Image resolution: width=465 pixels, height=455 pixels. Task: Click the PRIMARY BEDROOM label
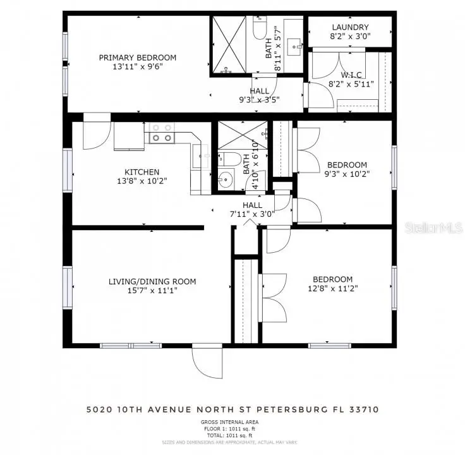(137, 58)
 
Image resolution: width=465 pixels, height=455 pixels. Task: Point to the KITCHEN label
(142, 172)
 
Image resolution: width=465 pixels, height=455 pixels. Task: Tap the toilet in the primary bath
(260, 28)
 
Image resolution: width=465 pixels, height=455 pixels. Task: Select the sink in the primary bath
(294, 45)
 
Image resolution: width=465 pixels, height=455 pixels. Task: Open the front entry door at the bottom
(207, 363)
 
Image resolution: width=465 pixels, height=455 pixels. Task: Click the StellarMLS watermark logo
(438, 226)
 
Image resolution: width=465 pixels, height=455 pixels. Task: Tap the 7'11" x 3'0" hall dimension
(252, 214)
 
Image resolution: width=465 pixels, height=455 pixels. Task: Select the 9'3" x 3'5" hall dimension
(259, 99)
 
